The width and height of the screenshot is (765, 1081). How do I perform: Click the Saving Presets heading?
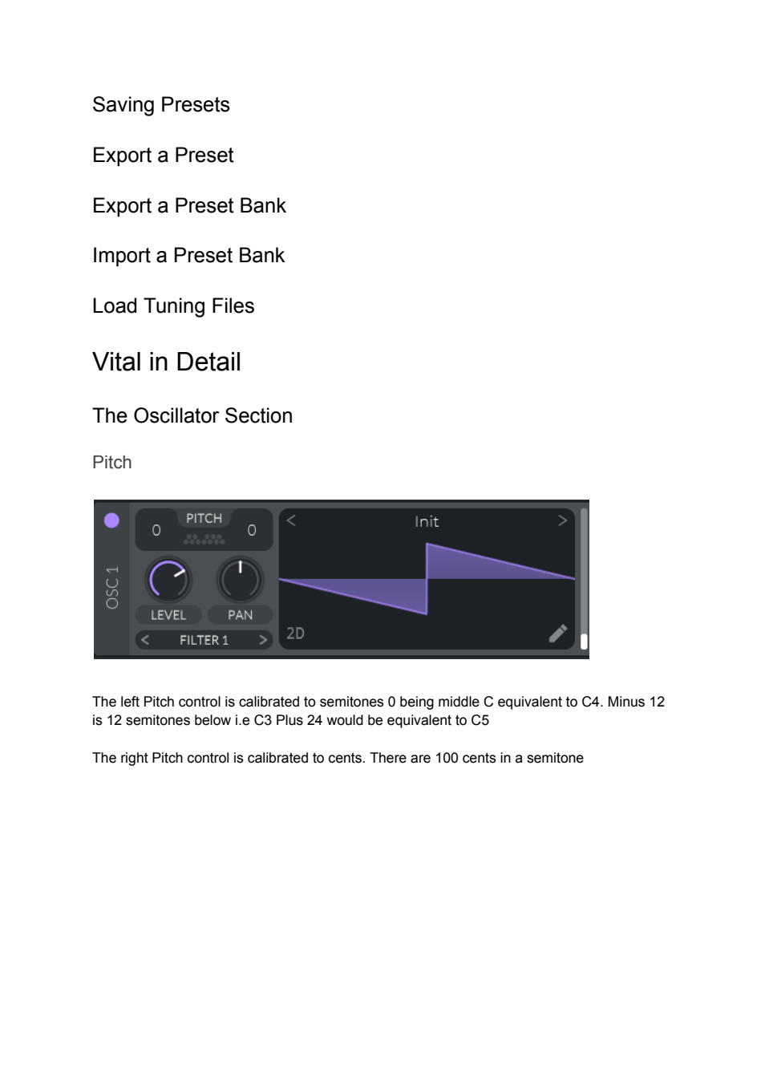tap(160, 105)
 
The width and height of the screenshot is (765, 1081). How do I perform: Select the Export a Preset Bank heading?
tap(188, 205)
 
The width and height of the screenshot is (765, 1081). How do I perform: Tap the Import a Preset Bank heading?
tap(188, 255)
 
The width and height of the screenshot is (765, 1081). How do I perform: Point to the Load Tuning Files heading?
tap(172, 306)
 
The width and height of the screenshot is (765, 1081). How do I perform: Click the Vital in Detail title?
tap(167, 362)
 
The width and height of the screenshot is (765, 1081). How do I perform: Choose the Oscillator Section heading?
tap(192, 415)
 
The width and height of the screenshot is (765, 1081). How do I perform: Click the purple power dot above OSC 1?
tap(111, 520)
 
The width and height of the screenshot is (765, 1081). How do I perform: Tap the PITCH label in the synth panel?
tap(204, 518)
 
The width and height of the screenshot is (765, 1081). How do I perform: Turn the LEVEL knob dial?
tap(168, 580)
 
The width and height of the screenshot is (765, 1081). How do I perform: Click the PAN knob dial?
tap(240, 580)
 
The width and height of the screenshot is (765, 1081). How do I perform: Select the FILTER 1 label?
tap(204, 641)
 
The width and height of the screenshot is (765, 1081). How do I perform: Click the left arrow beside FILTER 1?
tap(145, 641)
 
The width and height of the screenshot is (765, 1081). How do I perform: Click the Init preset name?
tap(427, 522)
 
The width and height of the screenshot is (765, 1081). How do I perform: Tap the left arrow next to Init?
tap(291, 520)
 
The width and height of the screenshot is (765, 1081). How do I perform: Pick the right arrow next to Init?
tap(562, 520)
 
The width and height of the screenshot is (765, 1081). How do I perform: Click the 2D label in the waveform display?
tap(295, 634)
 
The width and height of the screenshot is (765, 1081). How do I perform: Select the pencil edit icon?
tap(558, 634)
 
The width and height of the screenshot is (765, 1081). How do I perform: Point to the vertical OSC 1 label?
tap(112, 587)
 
